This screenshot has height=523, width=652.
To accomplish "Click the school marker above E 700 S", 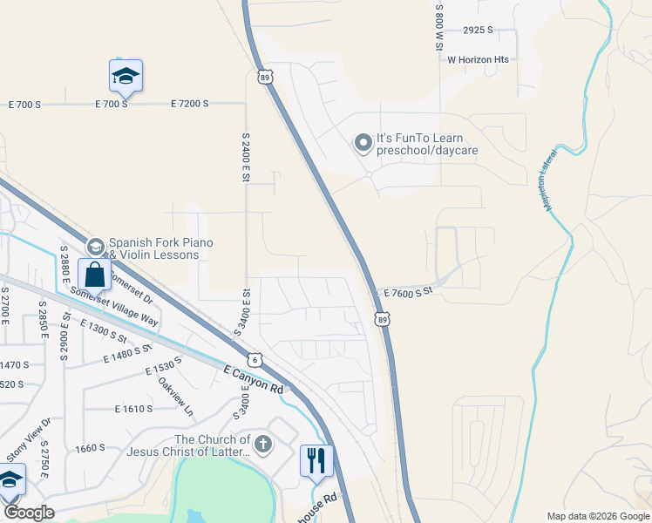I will click(x=126, y=77).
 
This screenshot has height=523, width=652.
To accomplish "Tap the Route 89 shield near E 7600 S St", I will click(x=384, y=321).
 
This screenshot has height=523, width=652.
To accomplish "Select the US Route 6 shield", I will click(x=254, y=359).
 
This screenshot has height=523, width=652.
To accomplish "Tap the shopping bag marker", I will click(x=95, y=275).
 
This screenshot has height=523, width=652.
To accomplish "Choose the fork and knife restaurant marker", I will click(x=316, y=459).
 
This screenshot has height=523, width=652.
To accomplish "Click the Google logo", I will click(x=29, y=513).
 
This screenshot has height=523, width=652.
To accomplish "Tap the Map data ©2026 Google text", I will click(x=597, y=516).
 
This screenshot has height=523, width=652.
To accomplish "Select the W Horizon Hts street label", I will click(x=478, y=60).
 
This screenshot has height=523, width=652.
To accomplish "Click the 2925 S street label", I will click(x=478, y=30).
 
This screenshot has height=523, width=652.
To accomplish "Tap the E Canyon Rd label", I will click(x=253, y=382).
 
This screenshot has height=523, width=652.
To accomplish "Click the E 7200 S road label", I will click(x=182, y=104).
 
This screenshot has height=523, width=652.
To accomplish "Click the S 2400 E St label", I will click(x=245, y=158).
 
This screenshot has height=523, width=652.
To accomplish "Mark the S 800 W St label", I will click(x=439, y=27).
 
